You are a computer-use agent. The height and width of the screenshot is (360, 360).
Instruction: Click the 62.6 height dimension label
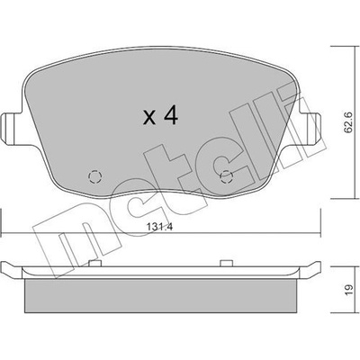[x=348, y=121]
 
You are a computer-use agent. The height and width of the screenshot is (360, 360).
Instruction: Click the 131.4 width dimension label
[x=160, y=227]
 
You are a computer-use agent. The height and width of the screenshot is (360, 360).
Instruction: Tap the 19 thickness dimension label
[x=348, y=290]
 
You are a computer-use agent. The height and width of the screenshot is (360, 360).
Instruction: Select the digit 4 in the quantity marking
[x=171, y=116]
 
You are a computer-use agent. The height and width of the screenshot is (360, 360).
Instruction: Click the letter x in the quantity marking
[x=149, y=117]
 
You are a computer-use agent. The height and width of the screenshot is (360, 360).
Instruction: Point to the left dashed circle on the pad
[x=95, y=176]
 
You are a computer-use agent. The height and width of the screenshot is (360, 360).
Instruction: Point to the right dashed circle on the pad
[x=227, y=176]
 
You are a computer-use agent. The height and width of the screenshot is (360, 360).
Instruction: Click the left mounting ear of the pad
[x=12, y=129]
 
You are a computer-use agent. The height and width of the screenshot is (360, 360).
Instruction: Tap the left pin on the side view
[x=95, y=263]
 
